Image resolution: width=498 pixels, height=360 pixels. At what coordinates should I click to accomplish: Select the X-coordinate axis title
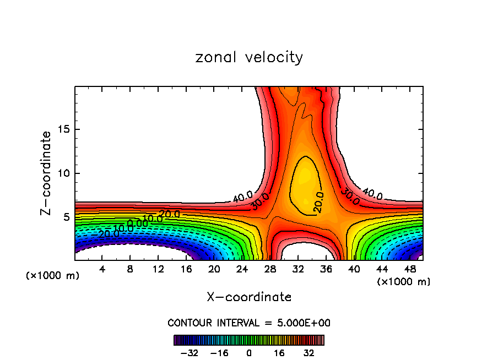[249, 297]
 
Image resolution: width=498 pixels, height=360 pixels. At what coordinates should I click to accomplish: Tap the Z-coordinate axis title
[47, 173]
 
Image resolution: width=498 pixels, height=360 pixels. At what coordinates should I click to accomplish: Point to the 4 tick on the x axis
[102, 269]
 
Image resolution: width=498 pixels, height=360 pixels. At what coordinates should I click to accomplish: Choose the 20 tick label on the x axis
[214, 269]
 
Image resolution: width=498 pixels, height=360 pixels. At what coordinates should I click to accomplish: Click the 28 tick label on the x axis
[270, 269]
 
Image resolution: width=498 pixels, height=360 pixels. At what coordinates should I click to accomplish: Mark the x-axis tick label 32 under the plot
[298, 269]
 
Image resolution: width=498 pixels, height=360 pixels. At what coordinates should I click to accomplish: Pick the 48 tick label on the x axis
[410, 269]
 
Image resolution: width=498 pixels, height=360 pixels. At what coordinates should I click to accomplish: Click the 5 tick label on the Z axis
[64, 217]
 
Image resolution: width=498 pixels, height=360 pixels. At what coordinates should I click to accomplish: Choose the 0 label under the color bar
[249, 353]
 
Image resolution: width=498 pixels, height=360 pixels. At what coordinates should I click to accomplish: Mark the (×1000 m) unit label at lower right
[404, 282]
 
